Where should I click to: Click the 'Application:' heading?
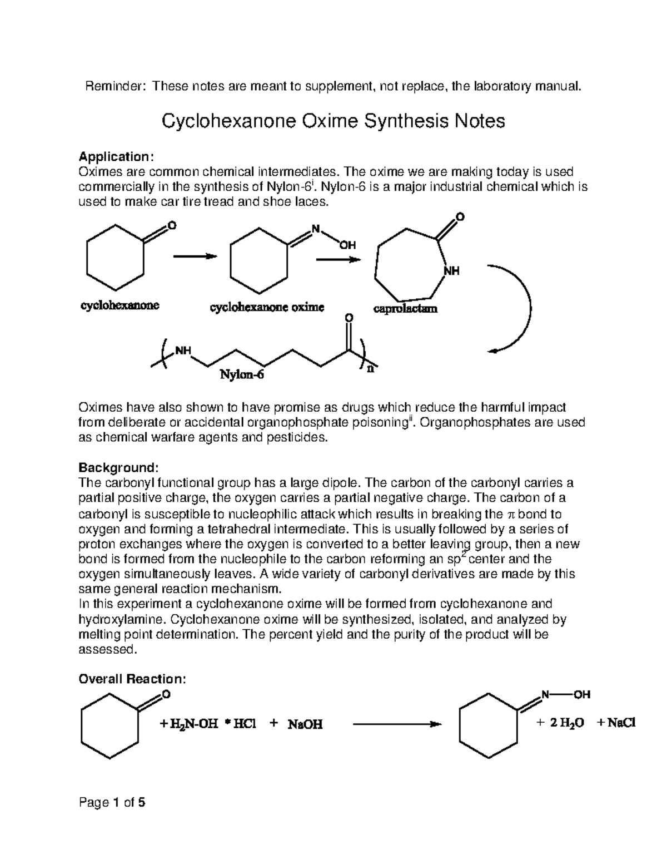[115, 156]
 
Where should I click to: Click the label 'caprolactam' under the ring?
[405, 308]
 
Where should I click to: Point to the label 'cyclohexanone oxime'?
[266, 307]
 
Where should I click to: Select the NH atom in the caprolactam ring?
[451, 271]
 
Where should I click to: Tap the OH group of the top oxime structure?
[347, 245]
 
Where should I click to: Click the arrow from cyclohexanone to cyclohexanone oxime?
[194, 256]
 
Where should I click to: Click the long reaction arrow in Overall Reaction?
[397, 724]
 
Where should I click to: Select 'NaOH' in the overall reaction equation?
[305, 724]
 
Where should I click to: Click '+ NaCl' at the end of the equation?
[616, 723]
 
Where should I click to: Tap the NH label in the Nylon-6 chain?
[183, 351]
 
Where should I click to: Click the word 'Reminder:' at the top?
[116, 86]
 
